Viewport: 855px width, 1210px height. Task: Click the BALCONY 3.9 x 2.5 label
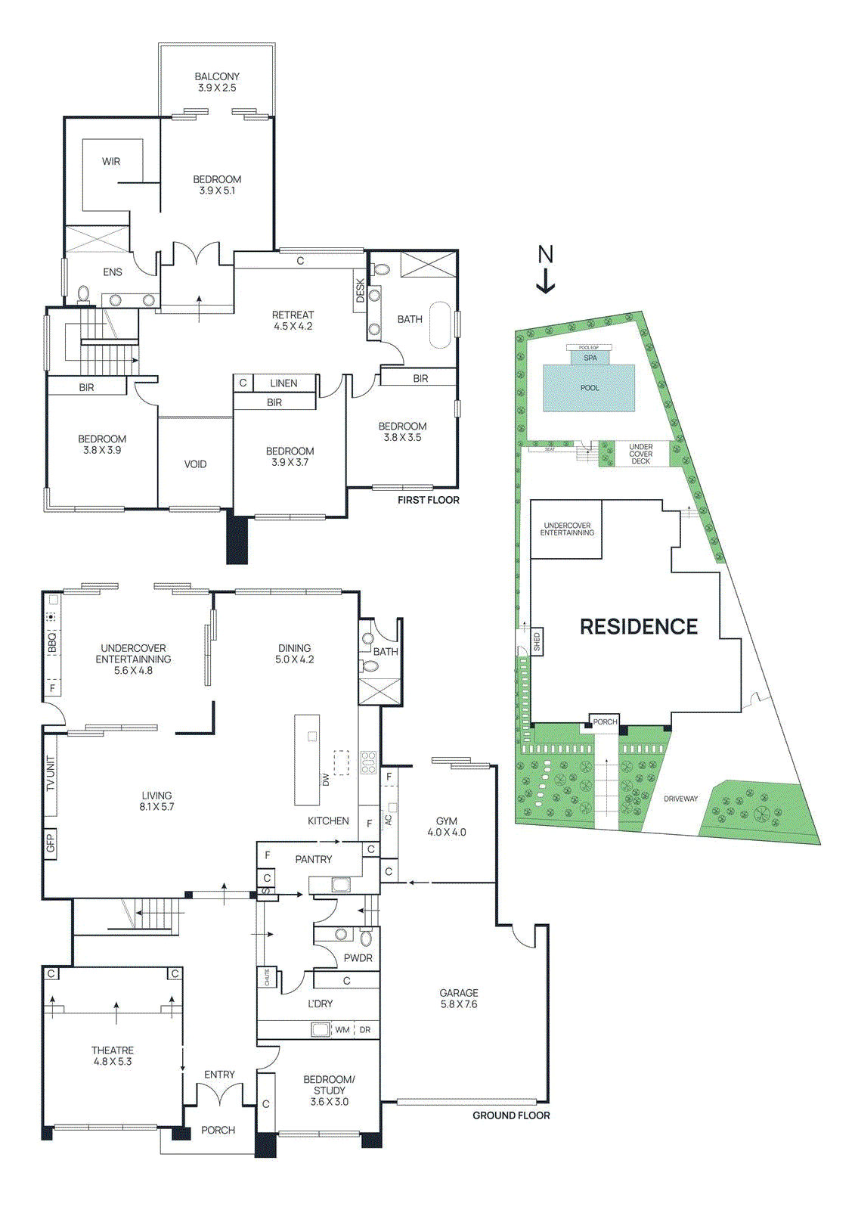[x=217, y=82]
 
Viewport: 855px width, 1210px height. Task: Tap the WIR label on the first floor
[x=111, y=161]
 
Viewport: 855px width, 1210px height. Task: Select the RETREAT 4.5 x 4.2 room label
[x=293, y=320]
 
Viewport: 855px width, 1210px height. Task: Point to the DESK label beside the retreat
[x=360, y=290]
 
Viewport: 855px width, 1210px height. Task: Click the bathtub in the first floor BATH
[x=440, y=325]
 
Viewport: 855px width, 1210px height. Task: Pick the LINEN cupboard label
[x=283, y=383]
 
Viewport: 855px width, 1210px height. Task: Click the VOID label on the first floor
[x=195, y=464]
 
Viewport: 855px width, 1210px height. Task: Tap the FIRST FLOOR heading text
[x=428, y=500]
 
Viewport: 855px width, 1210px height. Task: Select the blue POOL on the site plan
[x=589, y=388]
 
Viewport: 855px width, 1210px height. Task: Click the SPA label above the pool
[x=590, y=358]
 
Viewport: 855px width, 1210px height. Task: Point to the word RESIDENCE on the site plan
[x=638, y=626]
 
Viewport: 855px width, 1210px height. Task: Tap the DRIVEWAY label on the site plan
[x=680, y=799]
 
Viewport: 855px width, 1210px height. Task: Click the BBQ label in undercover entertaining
[x=52, y=643]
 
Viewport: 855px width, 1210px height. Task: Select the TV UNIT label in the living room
[x=51, y=774]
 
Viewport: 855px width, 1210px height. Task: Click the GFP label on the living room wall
[x=51, y=842]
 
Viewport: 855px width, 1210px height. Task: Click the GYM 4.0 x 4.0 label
[x=446, y=826]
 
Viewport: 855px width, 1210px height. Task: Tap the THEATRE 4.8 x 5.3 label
[x=112, y=1056]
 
